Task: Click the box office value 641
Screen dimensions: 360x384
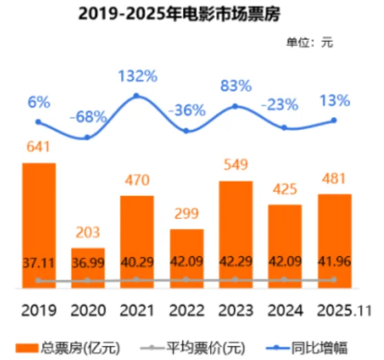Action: pos(39,148)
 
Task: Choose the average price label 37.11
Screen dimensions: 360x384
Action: pos(39,264)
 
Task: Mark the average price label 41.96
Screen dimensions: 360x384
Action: pos(334,264)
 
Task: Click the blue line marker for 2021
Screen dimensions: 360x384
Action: pos(137,95)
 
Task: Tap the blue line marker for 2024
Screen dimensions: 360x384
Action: pos(285,128)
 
